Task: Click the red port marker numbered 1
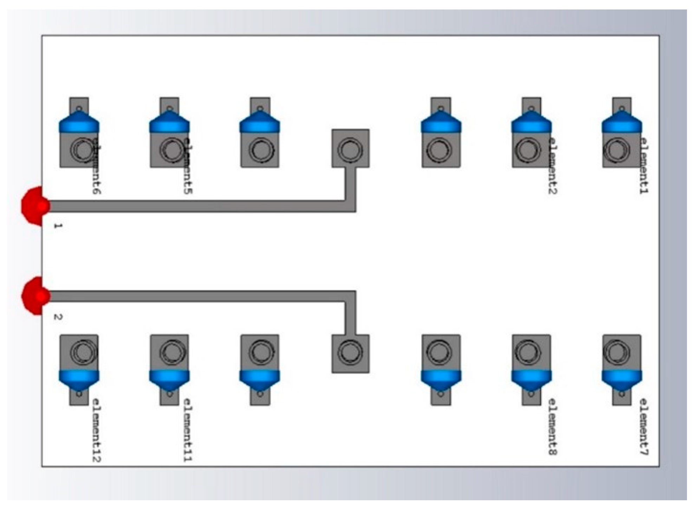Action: click(x=34, y=206)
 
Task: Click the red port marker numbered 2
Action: click(x=34, y=296)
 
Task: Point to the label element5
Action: click(x=188, y=165)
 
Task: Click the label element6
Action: click(x=97, y=165)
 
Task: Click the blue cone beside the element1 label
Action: click(x=622, y=123)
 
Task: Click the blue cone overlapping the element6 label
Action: click(x=79, y=123)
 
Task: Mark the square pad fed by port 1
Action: click(x=350, y=148)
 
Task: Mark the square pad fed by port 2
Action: click(x=350, y=353)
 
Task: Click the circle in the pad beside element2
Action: click(x=528, y=150)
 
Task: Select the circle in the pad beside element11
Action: click(x=170, y=351)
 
